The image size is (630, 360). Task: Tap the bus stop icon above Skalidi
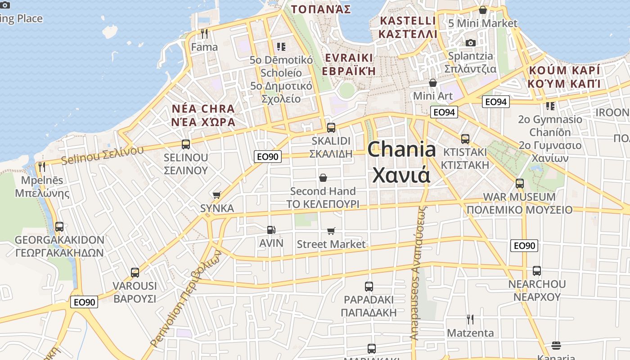(x=331, y=127)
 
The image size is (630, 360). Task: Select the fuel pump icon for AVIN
(x=271, y=230)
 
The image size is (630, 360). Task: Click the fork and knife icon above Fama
(x=204, y=33)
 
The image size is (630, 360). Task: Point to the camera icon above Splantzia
(x=470, y=43)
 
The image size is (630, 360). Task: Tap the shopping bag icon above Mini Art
(x=432, y=83)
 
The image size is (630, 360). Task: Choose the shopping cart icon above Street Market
(x=331, y=231)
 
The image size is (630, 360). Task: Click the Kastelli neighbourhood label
(x=408, y=27)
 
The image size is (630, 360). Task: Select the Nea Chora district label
(x=203, y=115)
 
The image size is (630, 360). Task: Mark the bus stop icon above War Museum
(x=520, y=184)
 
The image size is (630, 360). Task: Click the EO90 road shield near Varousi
(x=84, y=302)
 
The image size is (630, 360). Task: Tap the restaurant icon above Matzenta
(x=470, y=319)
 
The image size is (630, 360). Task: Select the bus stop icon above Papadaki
(x=369, y=286)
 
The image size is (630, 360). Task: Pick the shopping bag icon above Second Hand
(x=323, y=178)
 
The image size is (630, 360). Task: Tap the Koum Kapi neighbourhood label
(x=564, y=77)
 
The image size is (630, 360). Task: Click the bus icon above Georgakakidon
(x=59, y=226)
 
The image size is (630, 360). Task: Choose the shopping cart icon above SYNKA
(x=217, y=195)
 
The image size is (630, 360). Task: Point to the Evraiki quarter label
(x=349, y=64)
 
